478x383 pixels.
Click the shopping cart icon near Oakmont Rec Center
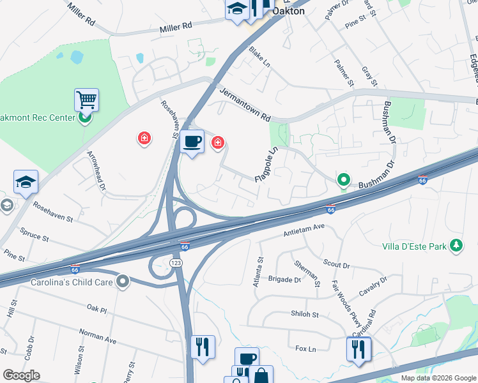coord(86,100)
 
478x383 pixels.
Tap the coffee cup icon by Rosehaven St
coord(191,142)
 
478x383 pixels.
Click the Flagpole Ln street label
coord(267,165)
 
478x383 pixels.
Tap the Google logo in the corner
coord(21,375)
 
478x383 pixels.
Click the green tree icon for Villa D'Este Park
coord(456,245)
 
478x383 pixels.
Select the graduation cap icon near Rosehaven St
coord(26,183)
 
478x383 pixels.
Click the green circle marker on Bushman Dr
coord(343,181)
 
